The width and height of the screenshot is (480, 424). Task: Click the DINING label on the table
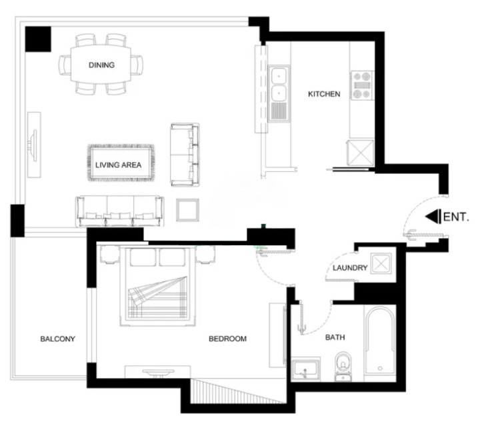101,65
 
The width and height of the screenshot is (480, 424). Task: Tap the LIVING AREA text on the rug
118,165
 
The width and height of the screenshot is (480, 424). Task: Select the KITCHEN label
324,94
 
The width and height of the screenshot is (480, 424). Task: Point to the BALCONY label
57,339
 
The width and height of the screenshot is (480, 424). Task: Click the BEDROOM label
227,339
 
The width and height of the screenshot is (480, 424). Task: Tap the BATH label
335,337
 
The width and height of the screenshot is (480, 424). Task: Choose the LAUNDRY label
350,268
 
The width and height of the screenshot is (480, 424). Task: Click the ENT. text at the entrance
456,217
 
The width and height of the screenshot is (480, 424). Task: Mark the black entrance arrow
433,216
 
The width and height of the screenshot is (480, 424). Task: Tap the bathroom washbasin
305,369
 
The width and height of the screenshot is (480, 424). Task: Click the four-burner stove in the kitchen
361,85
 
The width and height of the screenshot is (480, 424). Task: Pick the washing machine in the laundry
381,263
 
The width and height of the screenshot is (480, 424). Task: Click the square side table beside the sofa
187,210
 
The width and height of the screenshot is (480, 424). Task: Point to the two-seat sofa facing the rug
185,155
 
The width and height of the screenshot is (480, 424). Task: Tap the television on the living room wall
33,145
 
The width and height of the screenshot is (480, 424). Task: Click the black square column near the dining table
38,39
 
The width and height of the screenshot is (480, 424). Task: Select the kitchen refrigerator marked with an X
360,153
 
